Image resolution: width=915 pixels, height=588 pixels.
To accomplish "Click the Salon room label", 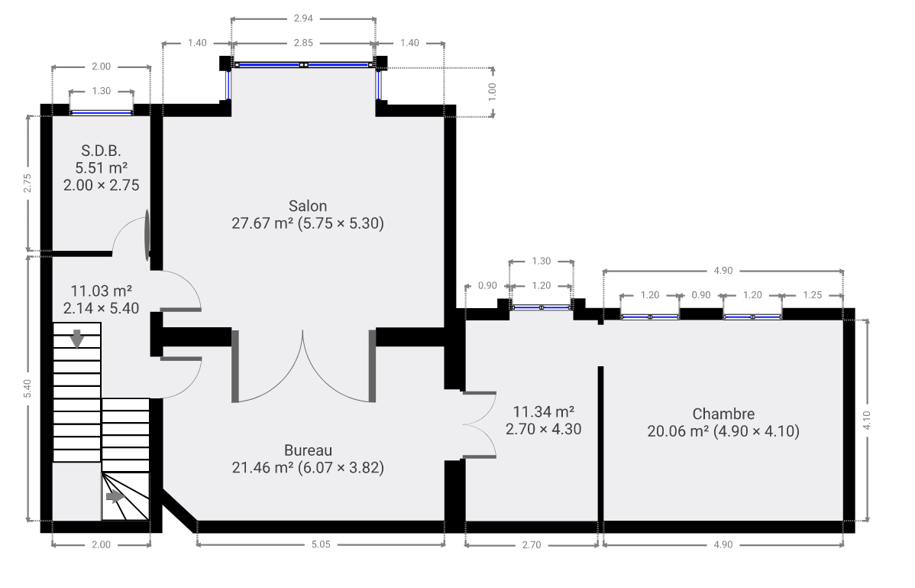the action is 308,206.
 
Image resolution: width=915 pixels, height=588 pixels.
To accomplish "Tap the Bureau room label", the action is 308,450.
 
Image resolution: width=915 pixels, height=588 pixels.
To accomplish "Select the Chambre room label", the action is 723,414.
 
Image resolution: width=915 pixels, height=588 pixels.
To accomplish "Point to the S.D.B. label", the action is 102,151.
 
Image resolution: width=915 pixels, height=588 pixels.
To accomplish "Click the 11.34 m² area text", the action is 543,411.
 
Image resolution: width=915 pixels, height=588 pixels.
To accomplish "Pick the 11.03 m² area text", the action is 102,291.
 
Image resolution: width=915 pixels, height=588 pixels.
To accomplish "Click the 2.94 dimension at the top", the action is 303,18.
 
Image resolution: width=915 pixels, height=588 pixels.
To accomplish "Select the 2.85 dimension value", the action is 303,43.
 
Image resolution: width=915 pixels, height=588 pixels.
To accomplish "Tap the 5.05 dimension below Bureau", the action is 321,544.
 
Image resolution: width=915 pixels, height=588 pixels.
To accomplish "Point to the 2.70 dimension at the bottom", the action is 532,544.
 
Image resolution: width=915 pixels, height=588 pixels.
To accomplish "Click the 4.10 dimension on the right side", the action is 867,421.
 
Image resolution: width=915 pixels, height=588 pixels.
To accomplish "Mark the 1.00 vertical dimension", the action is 492,92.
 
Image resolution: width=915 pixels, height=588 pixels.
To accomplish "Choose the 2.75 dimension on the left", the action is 27,184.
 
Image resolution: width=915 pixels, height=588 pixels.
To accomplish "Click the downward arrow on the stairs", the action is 76,338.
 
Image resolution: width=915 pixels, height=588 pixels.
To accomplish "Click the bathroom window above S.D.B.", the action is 102,112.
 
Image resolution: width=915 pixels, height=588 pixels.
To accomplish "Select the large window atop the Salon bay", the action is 303,65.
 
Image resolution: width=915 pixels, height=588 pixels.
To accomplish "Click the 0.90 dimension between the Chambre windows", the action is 701,295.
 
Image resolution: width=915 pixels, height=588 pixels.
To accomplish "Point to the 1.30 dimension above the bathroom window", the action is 102,91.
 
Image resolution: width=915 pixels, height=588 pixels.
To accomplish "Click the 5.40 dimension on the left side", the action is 27,389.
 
